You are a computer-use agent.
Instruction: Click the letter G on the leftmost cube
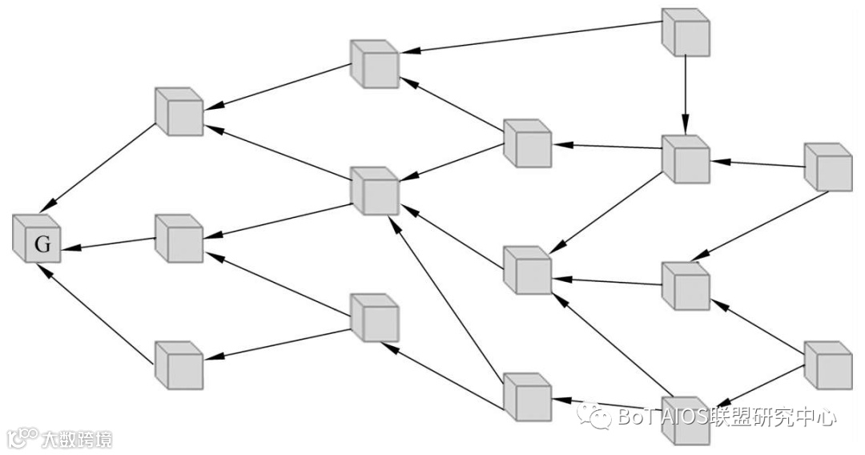(x=42, y=245)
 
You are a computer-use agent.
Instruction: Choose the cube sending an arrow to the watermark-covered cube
(x=828, y=365)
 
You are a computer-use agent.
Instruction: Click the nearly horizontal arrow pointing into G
(x=108, y=244)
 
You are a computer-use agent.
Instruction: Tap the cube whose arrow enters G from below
(x=179, y=365)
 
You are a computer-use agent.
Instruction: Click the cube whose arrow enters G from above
(x=179, y=112)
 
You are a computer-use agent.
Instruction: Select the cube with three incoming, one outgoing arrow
(x=527, y=270)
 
